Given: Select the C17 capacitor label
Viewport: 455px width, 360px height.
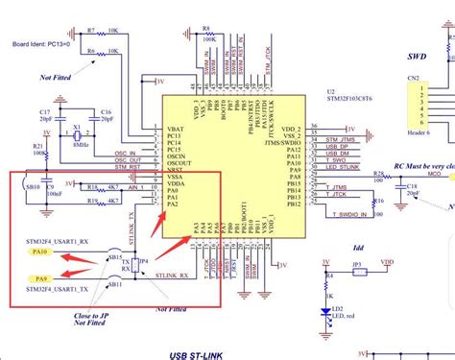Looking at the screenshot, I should coord(44,111).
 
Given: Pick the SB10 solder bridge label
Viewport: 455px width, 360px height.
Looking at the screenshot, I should coord(32,184).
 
